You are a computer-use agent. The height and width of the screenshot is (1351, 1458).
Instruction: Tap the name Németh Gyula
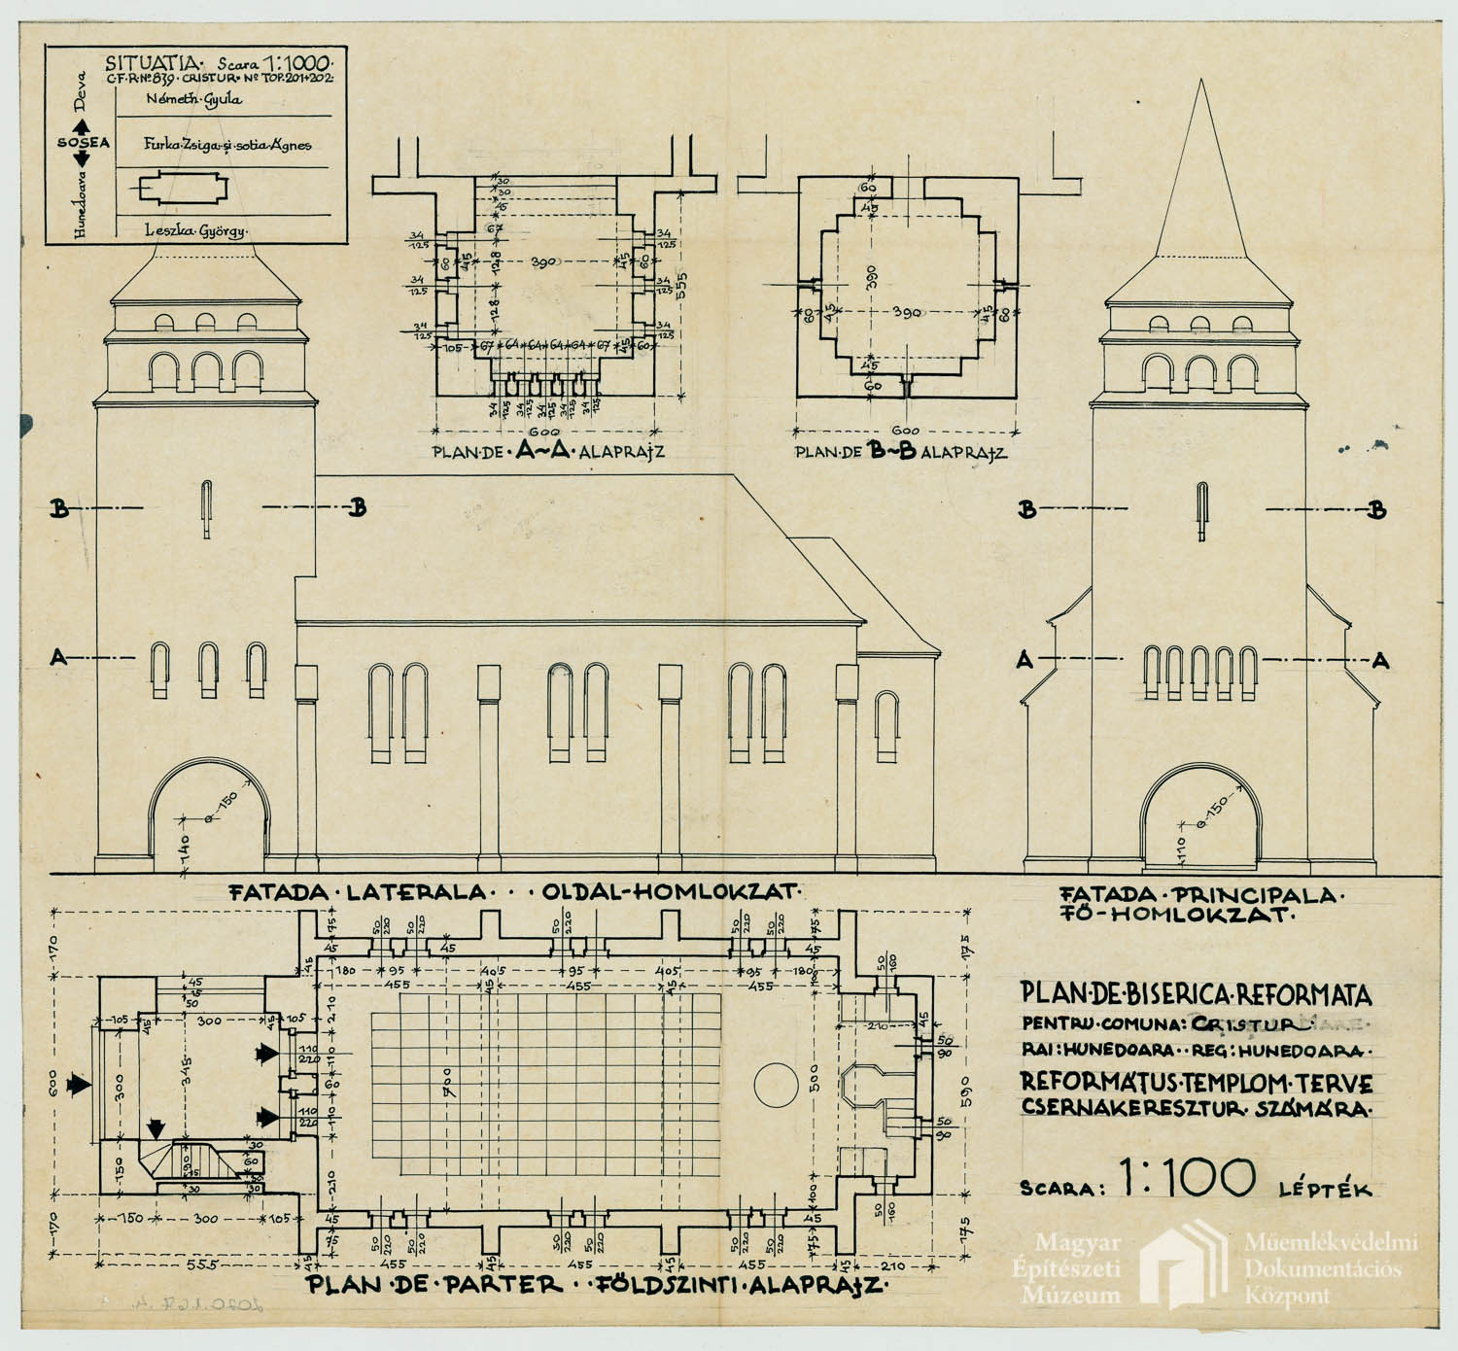(193, 99)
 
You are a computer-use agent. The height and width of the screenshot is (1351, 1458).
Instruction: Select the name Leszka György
(195, 231)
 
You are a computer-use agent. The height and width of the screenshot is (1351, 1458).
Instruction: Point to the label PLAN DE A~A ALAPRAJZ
(548, 451)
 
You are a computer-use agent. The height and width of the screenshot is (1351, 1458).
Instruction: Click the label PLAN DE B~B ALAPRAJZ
(900, 452)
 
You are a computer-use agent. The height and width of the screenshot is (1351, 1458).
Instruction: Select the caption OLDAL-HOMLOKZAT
(670, 891)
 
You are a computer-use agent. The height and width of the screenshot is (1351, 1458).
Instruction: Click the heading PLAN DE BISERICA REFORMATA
(1196, 993)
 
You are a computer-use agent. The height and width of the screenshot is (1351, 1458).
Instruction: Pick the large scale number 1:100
(1188, 1178)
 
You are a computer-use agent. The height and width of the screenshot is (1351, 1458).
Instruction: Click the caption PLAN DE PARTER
(435, 1285)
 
